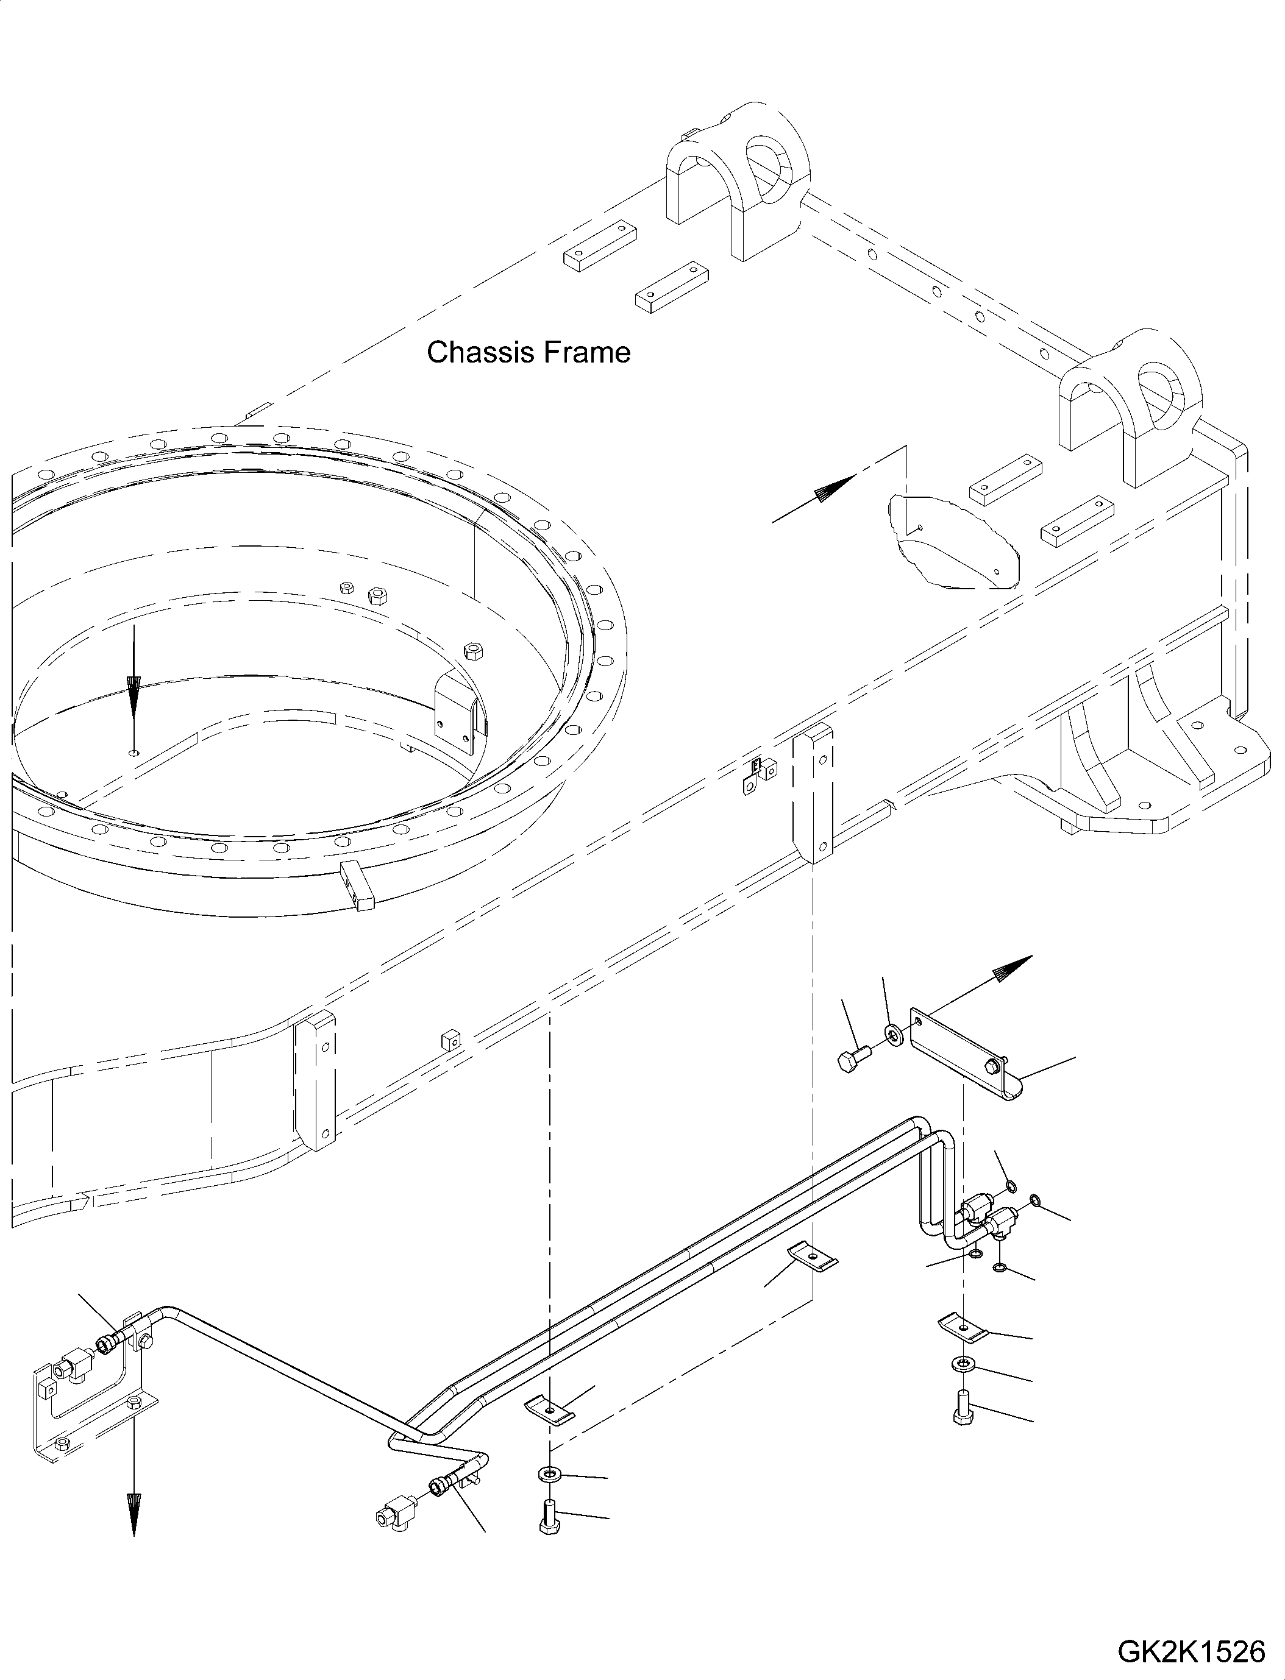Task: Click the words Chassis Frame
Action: pos(529,353)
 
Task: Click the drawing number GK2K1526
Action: pos(1191,1652)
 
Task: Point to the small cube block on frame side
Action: pos(450,1041)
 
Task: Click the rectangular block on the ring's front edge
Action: pos(357,884)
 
